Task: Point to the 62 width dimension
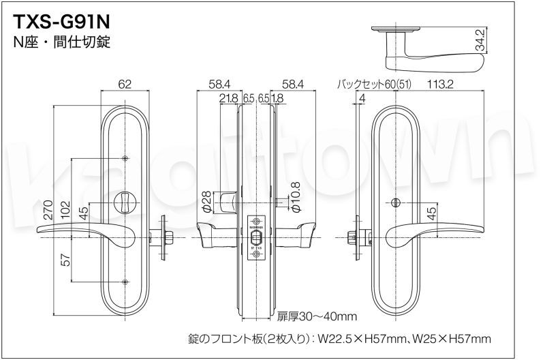coord(124,85)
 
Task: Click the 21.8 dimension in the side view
coord(229,98)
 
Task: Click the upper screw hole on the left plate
coord(125,159)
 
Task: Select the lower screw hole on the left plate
coord(125,283)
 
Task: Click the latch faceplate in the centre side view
coord(257,237)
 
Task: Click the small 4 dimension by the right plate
coord(361,98)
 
